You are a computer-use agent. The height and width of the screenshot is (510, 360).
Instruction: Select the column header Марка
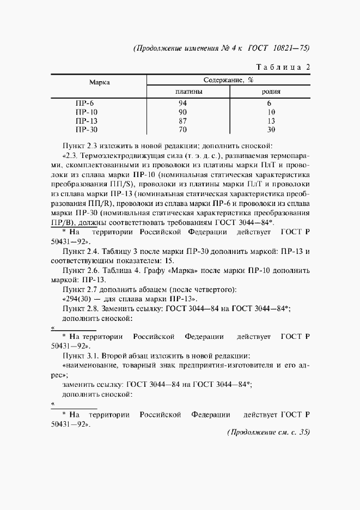coord(100,82)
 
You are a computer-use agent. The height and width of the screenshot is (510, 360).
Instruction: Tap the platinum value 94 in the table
coord(182,102)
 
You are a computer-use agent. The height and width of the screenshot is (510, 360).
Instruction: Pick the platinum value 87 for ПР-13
coord(182,120)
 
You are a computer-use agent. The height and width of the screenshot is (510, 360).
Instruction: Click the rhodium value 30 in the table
coord(271,130)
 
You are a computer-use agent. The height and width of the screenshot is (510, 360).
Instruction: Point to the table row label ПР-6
coord(84,102)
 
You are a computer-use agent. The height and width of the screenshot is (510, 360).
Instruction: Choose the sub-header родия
coord(271,92)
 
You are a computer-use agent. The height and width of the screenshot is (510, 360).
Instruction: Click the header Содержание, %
coord(229,80)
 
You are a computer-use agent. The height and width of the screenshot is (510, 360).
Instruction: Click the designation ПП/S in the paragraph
coord(103,184)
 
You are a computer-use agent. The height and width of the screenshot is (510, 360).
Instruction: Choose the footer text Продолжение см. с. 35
coord(268,433)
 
